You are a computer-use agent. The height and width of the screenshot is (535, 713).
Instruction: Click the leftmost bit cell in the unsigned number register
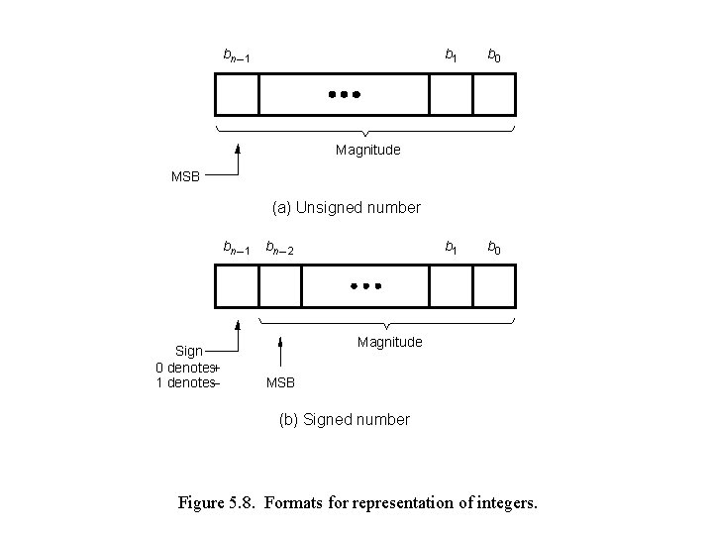click(x=237, y=96)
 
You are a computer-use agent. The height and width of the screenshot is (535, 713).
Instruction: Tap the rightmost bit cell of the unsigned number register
click(x=494, y=96)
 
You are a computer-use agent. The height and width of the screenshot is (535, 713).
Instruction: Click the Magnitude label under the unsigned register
click(x=367, y=151)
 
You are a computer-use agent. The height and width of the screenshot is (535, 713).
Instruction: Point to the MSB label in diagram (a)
click(x=185, y=176)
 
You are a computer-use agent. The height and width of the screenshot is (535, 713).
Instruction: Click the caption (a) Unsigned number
click(x=347, y=208)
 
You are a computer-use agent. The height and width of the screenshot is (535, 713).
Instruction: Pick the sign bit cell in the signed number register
click(x=237, y=287)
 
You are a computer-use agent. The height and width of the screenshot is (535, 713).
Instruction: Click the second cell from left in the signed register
click(x=280, y=287)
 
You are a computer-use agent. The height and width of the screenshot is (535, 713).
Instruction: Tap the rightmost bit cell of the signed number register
click(x=494, y=287)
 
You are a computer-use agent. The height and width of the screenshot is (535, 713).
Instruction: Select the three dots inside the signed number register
click(x=365, y=286)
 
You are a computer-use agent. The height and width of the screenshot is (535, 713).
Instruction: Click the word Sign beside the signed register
click(x=189, y=351)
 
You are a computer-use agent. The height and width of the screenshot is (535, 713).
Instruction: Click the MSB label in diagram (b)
click(x=280, y=383)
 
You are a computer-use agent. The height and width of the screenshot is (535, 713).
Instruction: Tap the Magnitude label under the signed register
click(x=389, y=342)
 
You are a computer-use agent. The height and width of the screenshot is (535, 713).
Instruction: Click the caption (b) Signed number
click(x=344, y=419)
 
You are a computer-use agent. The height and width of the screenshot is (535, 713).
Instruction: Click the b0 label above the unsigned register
click(x=492, y=56)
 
